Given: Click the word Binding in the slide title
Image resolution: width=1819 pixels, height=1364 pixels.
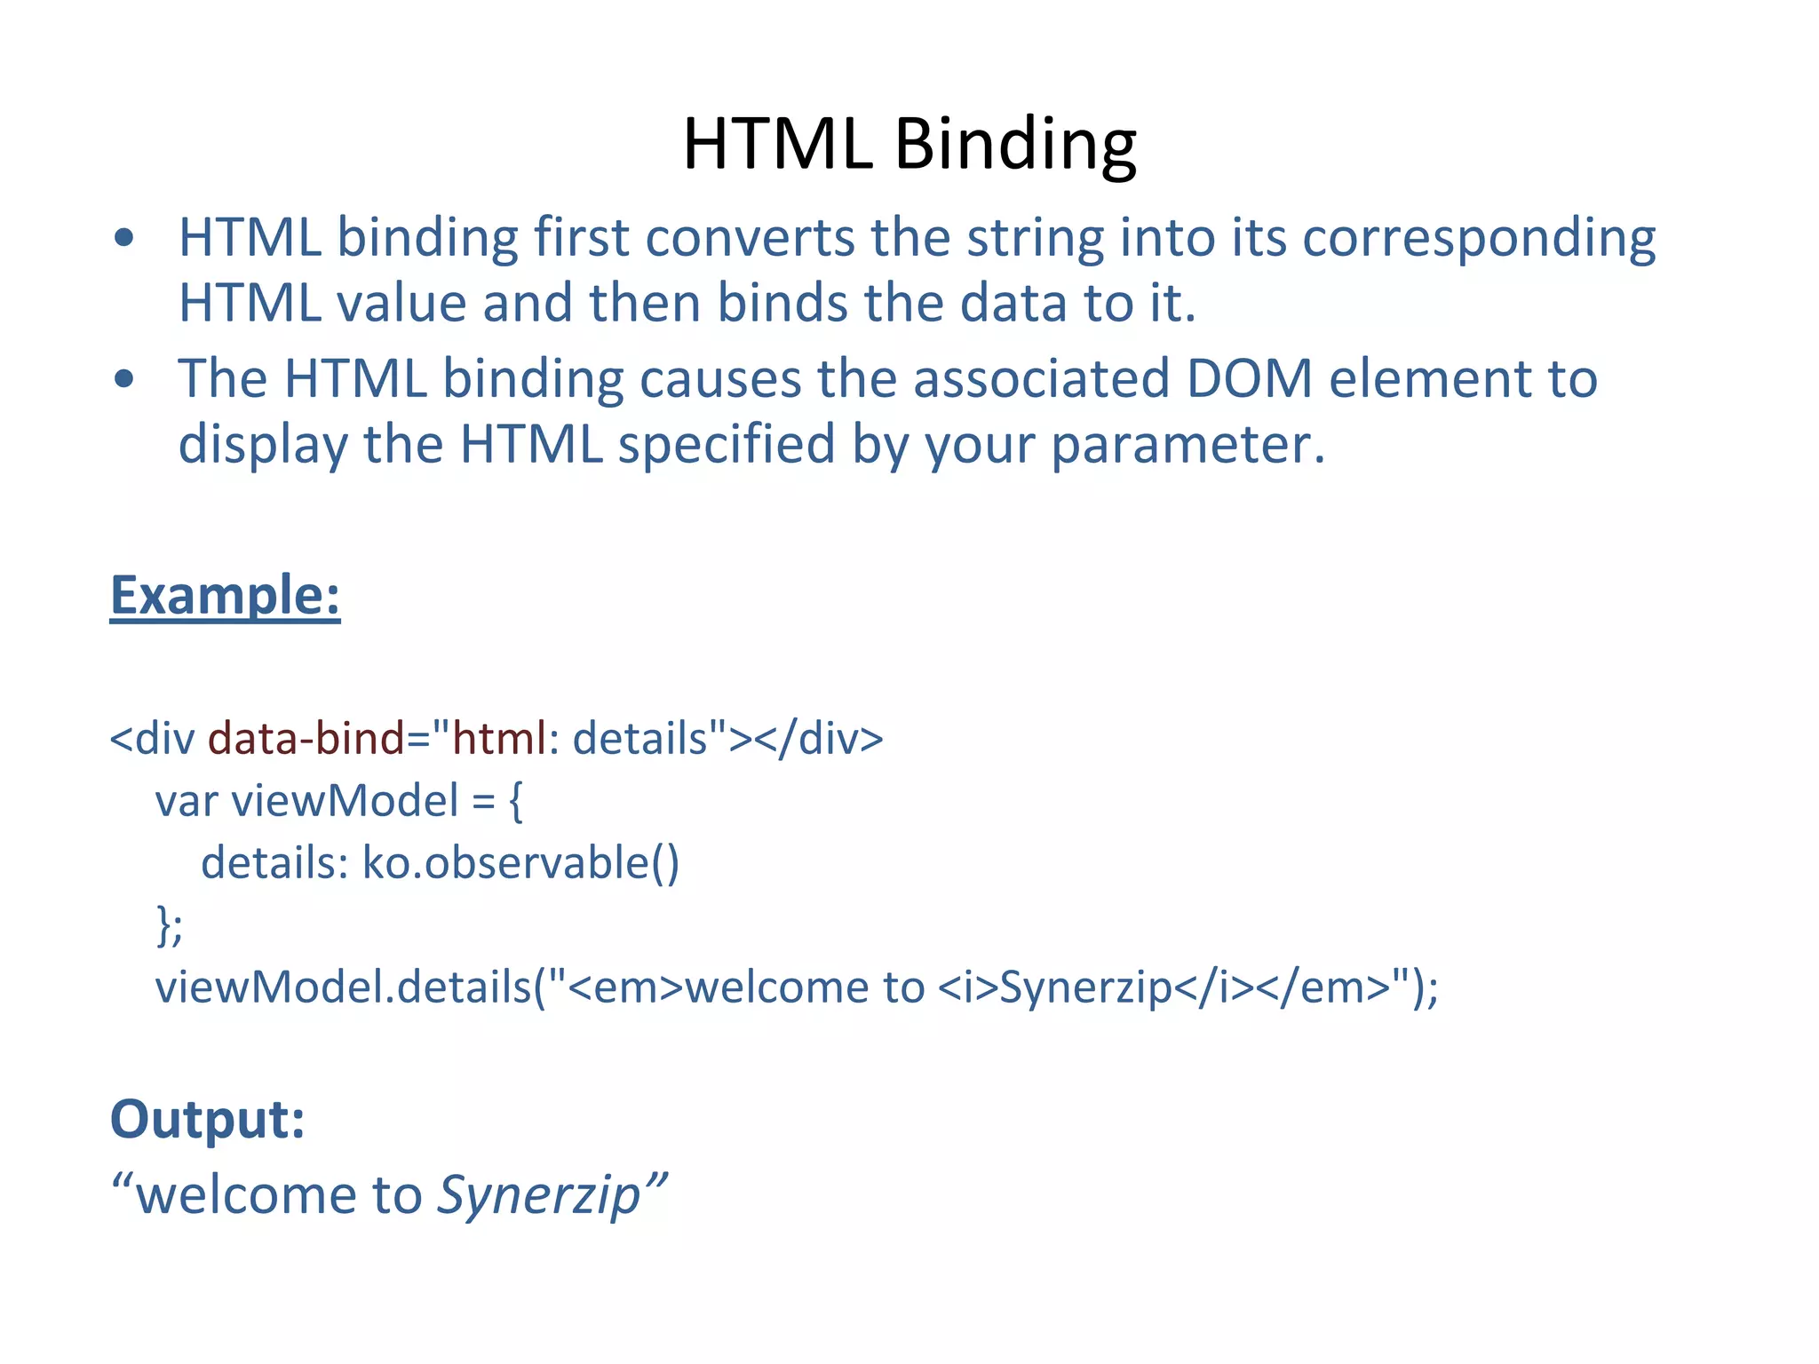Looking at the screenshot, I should pyautogui.click(x=1015, y=145).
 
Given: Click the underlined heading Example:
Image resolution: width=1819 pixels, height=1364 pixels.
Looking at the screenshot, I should pyautogui.click(x=225, y=595).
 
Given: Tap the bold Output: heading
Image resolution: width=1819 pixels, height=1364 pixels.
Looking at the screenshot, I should pyautogui.click(x=207, y=1119).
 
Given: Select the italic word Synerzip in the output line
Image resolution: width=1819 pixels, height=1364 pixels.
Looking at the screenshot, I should pyautogui.click(x=538, y=1195).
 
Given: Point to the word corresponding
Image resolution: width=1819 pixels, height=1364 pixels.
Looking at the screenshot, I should pyautogui.click(x=1478, y=240).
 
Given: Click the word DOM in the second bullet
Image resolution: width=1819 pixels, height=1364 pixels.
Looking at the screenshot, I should pyautogui.click(x=1249, y=379).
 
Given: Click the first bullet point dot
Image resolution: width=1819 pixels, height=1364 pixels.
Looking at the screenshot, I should pyautogui.click(x=124, y=238).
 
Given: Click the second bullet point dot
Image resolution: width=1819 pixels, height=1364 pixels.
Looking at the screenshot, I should pyautogui.click(x=124, y=379).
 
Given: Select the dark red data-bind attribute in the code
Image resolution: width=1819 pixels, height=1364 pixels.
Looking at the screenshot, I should pyautogui.click(x=306, y=739).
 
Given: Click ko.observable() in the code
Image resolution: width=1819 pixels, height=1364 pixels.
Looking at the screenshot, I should pyautogui.click(x=520, y=863).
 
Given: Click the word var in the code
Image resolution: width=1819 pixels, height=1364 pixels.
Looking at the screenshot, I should pyautogui.click(x=186, y=801).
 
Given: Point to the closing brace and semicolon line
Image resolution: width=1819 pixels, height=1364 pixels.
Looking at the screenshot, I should pyautogui.click(x=170, y=925).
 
